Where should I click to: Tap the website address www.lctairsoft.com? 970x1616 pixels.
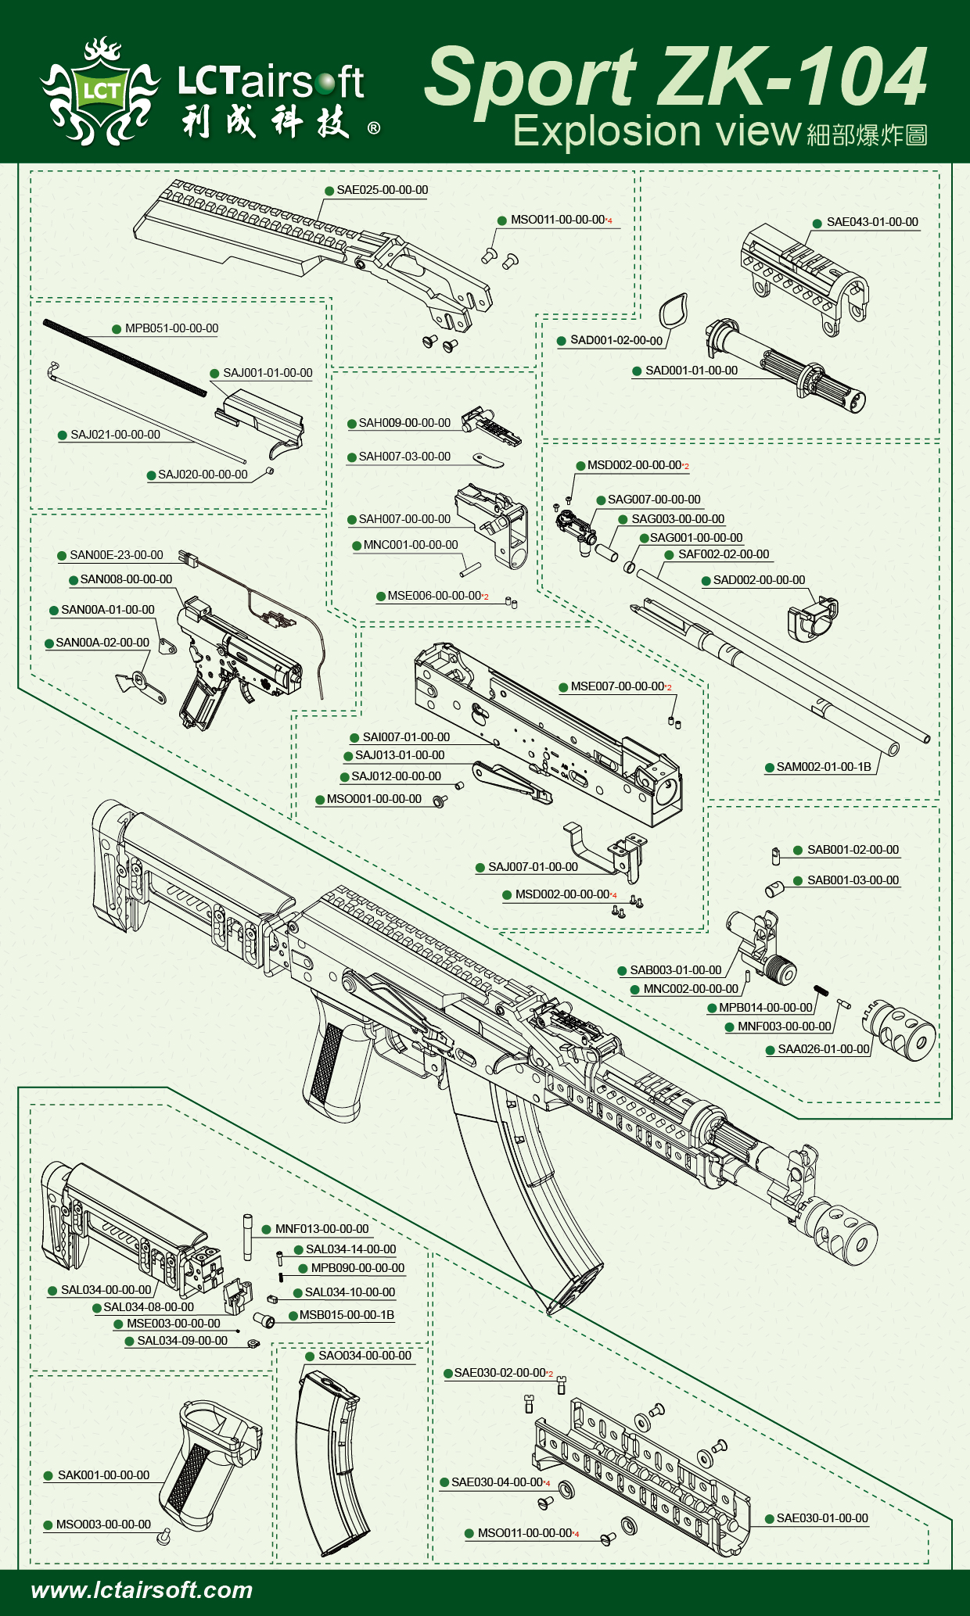[142, 1589]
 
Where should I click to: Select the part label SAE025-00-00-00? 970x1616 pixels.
[382, 190]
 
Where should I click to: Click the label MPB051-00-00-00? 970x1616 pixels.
[171, 328]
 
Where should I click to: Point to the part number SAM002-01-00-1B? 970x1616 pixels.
[823, 767]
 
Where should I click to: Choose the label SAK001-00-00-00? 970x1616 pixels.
[103, 1475]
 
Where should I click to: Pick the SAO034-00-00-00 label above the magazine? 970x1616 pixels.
[365, 1356]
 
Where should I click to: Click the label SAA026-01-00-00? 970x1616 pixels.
[823, 1049]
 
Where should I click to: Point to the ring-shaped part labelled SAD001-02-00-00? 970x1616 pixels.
[673, 312]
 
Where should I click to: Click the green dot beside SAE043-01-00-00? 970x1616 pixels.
[817, 223]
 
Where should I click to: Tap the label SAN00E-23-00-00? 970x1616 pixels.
[116, 555]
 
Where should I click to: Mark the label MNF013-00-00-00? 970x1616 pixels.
[322, 1229]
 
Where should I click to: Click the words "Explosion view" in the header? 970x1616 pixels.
[657, 131]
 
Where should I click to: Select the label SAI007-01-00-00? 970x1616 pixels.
[406, 737]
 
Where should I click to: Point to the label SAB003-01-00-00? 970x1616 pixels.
[676, 970]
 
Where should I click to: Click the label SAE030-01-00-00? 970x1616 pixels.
[821, 1518]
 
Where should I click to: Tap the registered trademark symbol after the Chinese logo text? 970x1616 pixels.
[374, 127]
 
